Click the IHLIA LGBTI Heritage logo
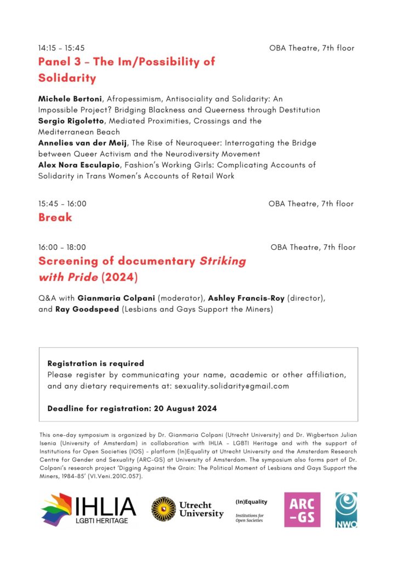[88, 509]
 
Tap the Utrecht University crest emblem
[163, 509]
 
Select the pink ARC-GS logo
[302, 510]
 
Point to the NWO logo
[346, 510]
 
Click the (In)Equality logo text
[251, 502]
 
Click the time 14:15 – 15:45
[61, 48]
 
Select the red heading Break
[55, 217]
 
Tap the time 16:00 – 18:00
[62, 248]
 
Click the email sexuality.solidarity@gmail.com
[231, 386]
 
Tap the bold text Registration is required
[95, 363]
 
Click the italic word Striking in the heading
[222, 261]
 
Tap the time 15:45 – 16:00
[62, 204]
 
